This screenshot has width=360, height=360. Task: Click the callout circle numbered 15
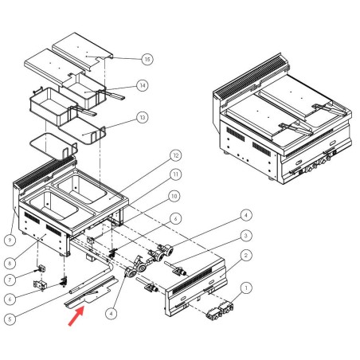coord(147,59)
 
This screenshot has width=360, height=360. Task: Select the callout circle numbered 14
coord(142,85)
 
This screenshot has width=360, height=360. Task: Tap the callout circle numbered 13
coord(142,117)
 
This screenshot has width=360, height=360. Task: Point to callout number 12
coord(175,155)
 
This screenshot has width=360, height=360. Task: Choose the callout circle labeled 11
coord(175,174)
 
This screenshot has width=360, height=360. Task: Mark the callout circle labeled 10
coord(174,196)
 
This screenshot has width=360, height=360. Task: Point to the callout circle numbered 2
coord(247,255)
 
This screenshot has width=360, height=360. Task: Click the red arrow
coord(72,320)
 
